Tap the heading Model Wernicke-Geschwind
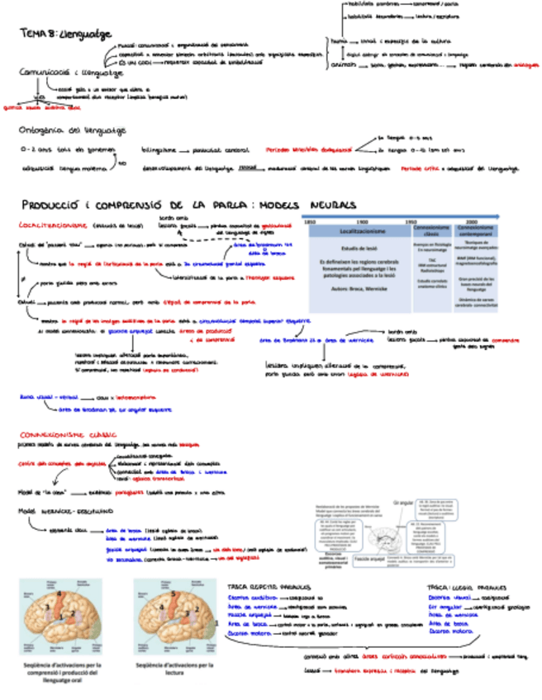point(59,511)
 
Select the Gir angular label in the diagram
point(404,502)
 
